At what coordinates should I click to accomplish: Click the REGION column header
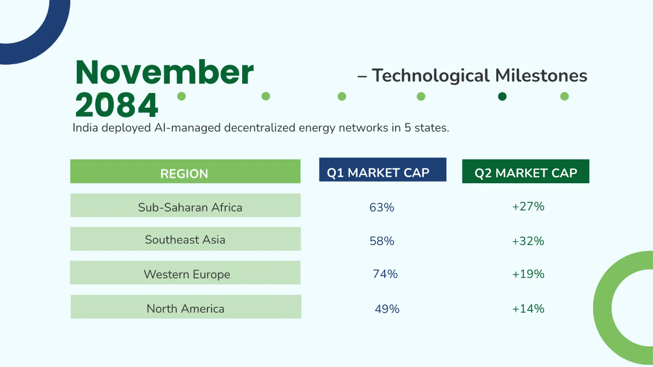coord(184,173)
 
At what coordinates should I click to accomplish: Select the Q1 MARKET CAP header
coord(378,173)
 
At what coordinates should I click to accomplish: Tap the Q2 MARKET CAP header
coord(526,173)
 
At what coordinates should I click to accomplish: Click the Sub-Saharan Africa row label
coord(190,207)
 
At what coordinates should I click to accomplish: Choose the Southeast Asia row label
coord(185,240)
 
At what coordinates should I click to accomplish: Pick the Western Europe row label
coord(187,275)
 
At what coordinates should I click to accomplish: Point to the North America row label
coord(186,309)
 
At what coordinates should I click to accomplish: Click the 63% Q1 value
coord(381,207)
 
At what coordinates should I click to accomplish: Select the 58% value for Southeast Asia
coord(382,241)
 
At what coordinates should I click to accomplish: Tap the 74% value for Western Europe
coord(385,274)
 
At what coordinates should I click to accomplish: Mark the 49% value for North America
coord(387,309)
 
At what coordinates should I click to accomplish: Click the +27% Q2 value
coord(528,207)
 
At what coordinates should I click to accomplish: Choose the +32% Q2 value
coord(528,241)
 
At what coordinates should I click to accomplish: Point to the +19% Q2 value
coord(528,274)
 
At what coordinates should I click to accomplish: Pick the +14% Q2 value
coord(528,309)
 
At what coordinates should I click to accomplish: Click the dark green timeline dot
coord(502,96)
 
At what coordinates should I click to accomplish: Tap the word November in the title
coord(164,72)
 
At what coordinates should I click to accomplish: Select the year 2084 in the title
coord(116,105)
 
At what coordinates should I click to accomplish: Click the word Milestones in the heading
coord(541,76)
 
